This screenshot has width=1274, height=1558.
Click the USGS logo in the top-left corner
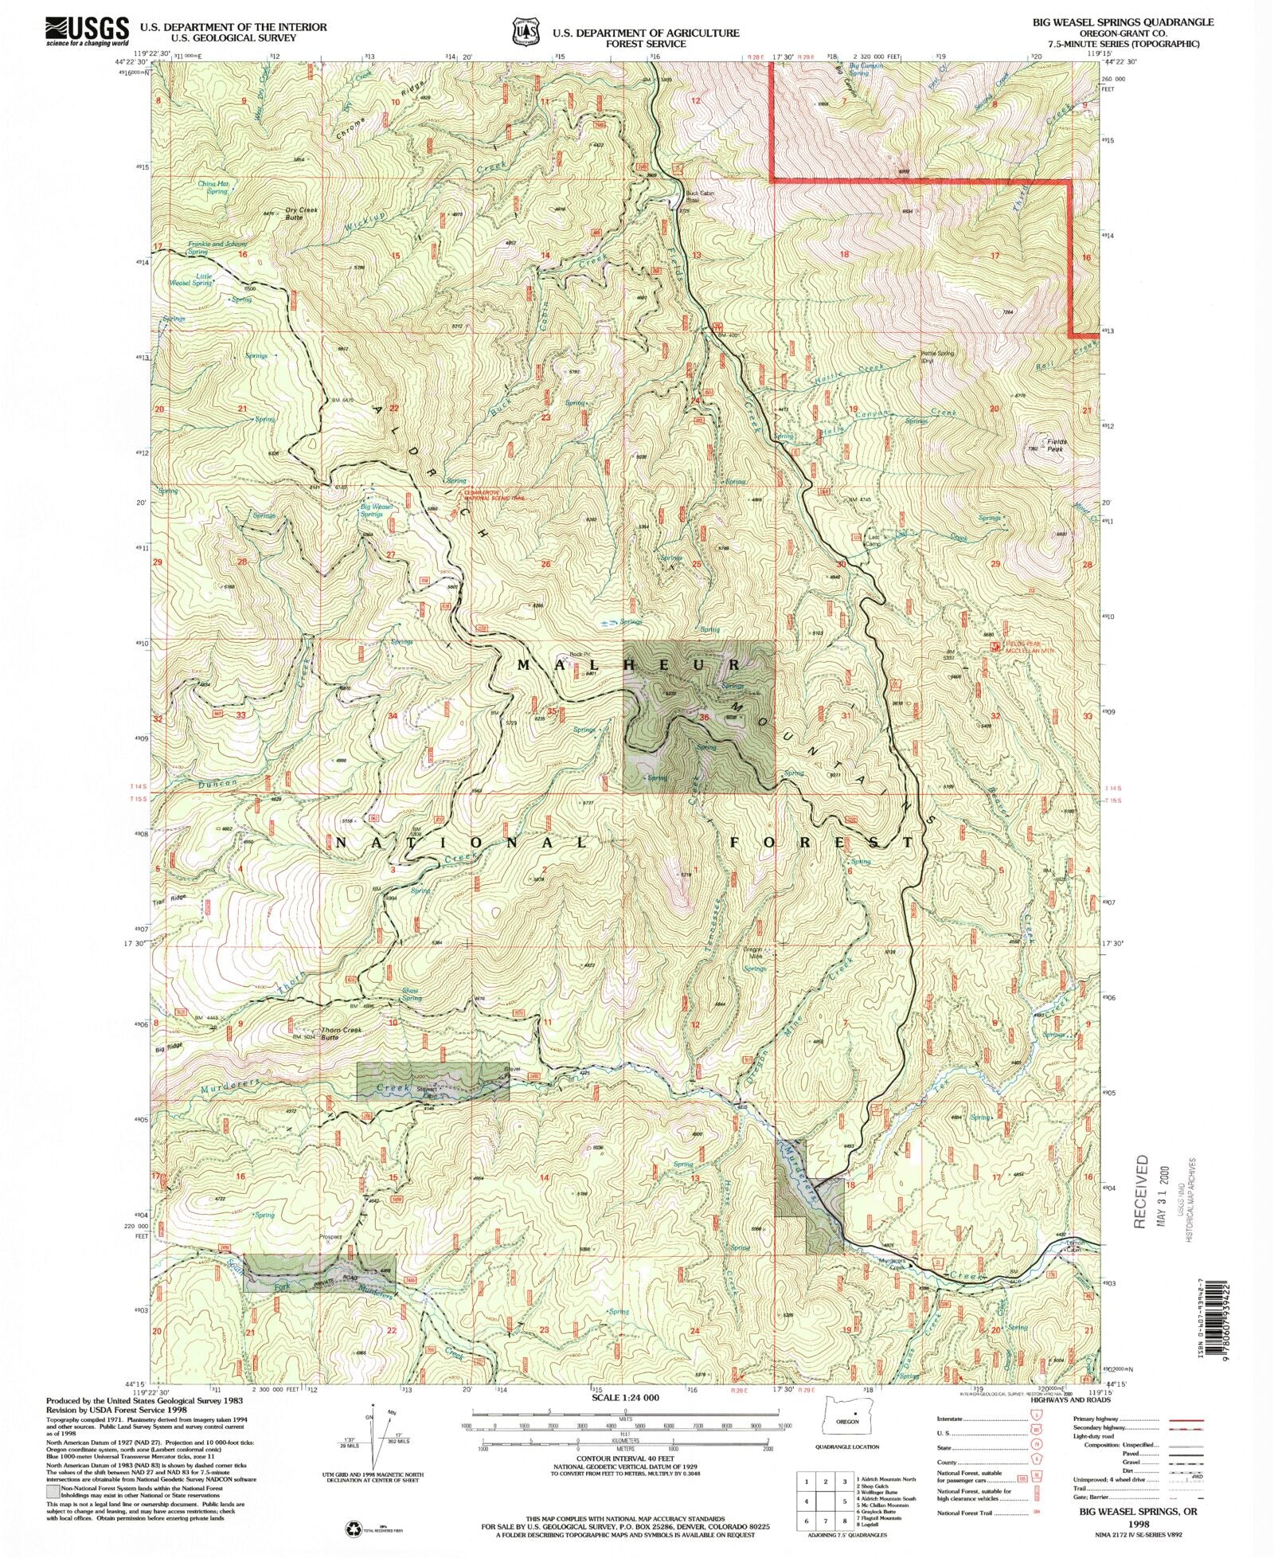[x=88, y=29]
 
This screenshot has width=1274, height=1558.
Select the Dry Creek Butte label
[x=302, y=213]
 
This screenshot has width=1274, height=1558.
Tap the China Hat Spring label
[x=213, y=187]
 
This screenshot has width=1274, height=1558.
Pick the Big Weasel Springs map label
[x=376, y=510]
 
